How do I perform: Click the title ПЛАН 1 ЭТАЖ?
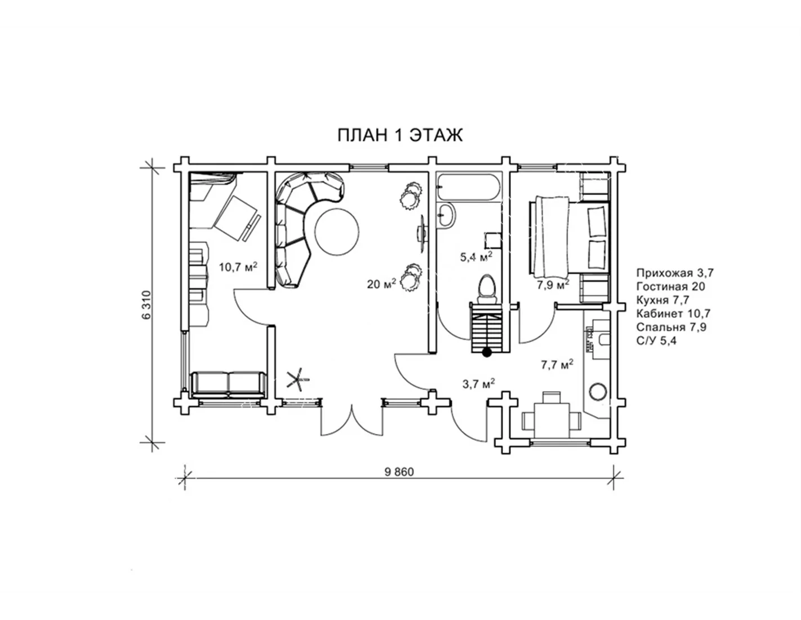point(399,135)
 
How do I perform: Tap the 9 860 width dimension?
point(399,472)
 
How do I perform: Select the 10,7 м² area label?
point(238,267)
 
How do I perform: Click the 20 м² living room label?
point(381,284)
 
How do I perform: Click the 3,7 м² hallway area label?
point(478,384)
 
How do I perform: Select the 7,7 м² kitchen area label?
point(557,365)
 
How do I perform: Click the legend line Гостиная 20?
point(670,286)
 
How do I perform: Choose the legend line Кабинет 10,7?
point(673,314)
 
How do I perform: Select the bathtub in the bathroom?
point(468,188)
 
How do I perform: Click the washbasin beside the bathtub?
point(446,215)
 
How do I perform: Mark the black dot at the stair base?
point(487,353)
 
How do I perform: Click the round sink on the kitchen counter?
point(598,391)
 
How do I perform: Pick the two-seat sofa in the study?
point(229,384)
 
